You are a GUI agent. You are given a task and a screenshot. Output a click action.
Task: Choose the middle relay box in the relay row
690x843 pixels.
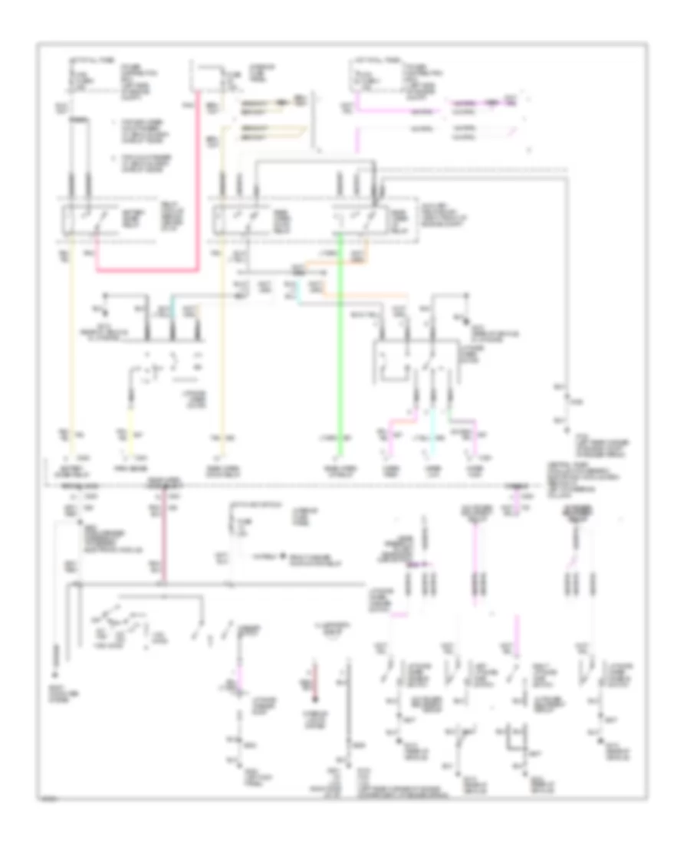239,220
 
